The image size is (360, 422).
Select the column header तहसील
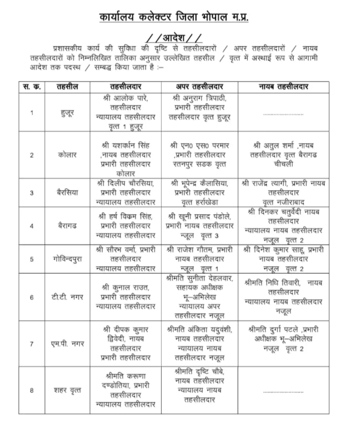tap(66, 87)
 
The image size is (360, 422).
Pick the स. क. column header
tap(31, 87)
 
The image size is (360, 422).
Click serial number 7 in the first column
tap(31, 344)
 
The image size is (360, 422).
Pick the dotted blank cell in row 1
tap(283, 114)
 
